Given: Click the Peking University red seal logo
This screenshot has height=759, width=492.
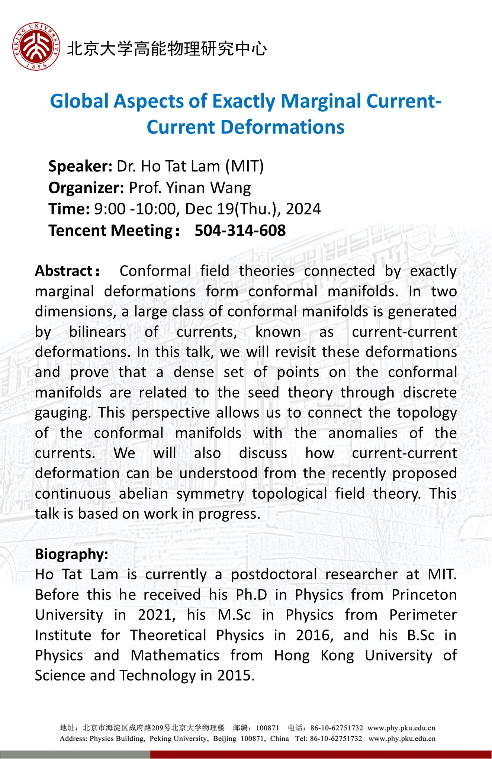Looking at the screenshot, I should click(x=36, y=46).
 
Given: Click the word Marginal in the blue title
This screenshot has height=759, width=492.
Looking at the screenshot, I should click(x=322, y=101).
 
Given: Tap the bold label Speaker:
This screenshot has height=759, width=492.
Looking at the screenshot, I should click(x=80, y=166).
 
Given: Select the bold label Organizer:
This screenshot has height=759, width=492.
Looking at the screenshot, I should click(x=86, y=188).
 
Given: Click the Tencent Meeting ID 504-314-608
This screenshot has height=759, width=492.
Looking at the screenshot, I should click(x=240, y=231).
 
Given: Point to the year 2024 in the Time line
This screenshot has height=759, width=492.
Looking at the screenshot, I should click(x=303, y=209).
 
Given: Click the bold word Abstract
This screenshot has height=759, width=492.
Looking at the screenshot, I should click(x=64, y=271).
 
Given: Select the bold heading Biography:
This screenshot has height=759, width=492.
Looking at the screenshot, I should click(x=72, y=554).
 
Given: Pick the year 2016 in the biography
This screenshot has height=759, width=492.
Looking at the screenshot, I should click(x=315, y=635).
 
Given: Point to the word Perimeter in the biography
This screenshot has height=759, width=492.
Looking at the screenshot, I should click(x=423, y=615).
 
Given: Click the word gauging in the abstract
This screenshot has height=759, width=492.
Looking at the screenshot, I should click(x=63, y=413).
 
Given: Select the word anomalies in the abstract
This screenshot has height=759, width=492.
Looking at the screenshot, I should click(x=363, y=433).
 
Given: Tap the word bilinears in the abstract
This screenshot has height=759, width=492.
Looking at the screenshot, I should click(x=98, y=332).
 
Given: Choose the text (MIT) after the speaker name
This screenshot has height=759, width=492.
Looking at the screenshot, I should click(x=244, y=166).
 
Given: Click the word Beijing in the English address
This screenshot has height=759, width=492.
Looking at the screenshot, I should click(x=224, y=738).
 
